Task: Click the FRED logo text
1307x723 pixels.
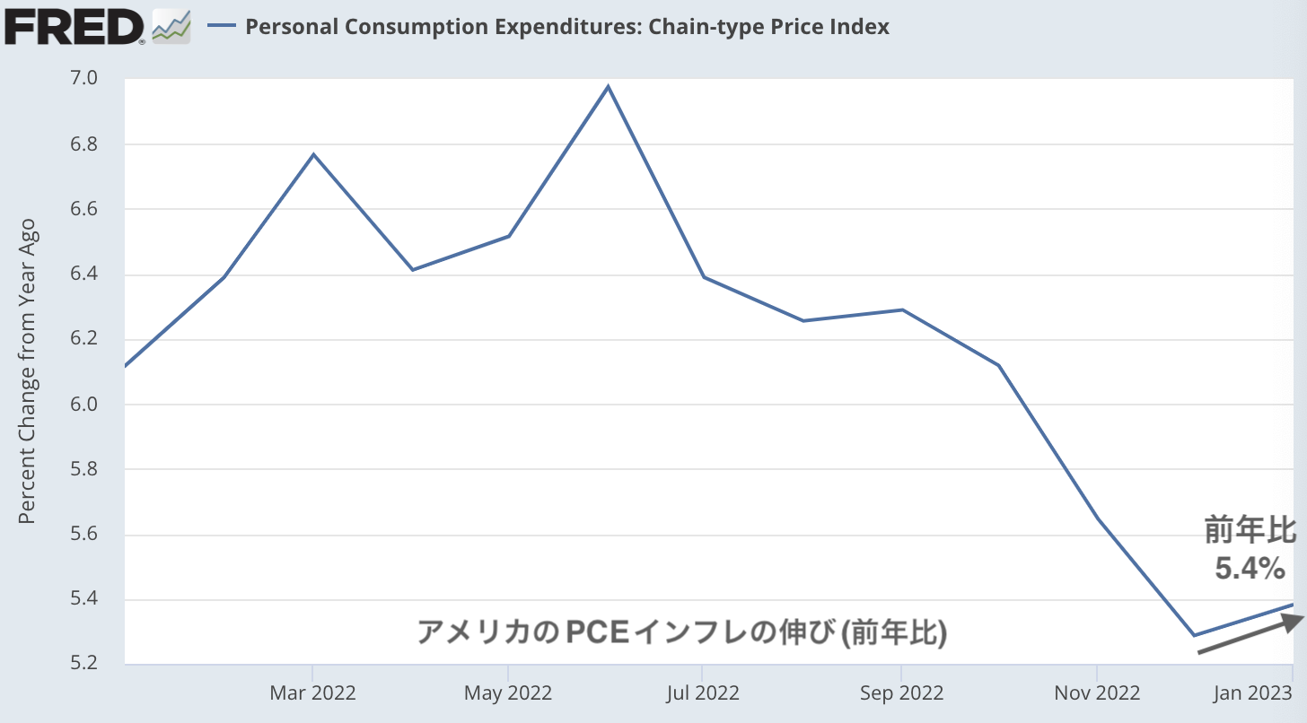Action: pyautogui.click(x=74, y=26)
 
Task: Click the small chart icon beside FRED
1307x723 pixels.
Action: pyautogui.click(x=171, y=26)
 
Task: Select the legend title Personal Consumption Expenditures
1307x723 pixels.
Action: pyautogui.click(x=566, y=27)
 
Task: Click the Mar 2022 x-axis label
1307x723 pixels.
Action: pyautogui.click(x=312, y=693)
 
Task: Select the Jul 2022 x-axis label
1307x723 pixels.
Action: pyautogui.click(x=703, y=693)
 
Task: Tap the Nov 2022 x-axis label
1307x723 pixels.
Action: pyautogui.click(x=1097, y=693)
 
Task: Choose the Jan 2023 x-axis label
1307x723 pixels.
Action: pyautogui.click(x=1253, y=693)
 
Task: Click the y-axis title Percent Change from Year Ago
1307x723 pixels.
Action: pyautogui.click(x=27, y=370)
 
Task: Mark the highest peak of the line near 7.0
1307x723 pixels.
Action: pyautogui.click(x=609, y=87)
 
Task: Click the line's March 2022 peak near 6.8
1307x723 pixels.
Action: pyautogui.click(x=313, y=154)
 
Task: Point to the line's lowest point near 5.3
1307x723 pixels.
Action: pyautogui.click(x=1195, y=635)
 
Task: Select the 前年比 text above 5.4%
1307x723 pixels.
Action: pyautogui.click(x=1250, y=531)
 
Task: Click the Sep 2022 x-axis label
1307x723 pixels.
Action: pyautogui.click(x=900, y=693)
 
